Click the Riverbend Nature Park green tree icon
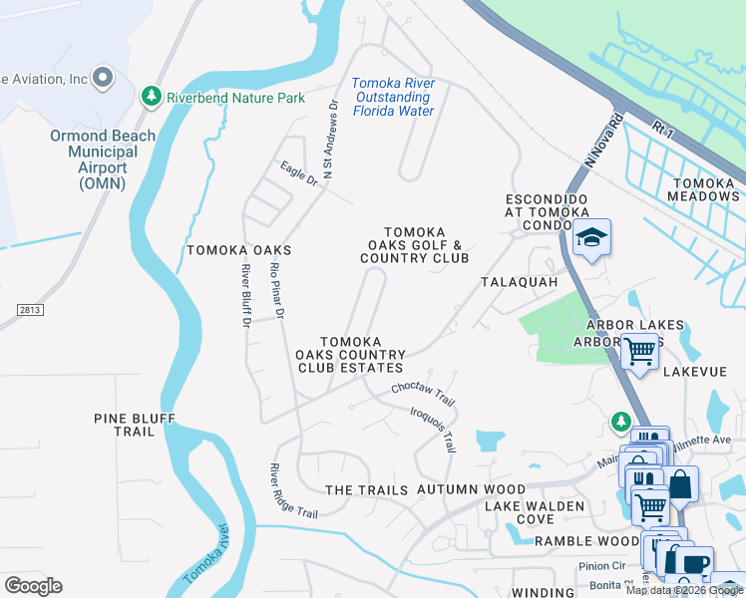(x=151, y=97)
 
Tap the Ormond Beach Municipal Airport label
(x=103, y=159)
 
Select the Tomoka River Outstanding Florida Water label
(x=393, y=97)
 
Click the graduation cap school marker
(x=591, y=237)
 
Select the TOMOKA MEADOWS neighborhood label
(x=704, y=189)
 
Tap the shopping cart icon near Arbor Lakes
(x=639, y=350)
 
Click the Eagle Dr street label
(x=298, y=173)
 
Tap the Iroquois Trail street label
(x=433, y=427)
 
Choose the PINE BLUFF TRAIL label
(x=139, y=425)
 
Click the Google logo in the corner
(x=33, y=585)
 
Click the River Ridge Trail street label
(x=293, y=490)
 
